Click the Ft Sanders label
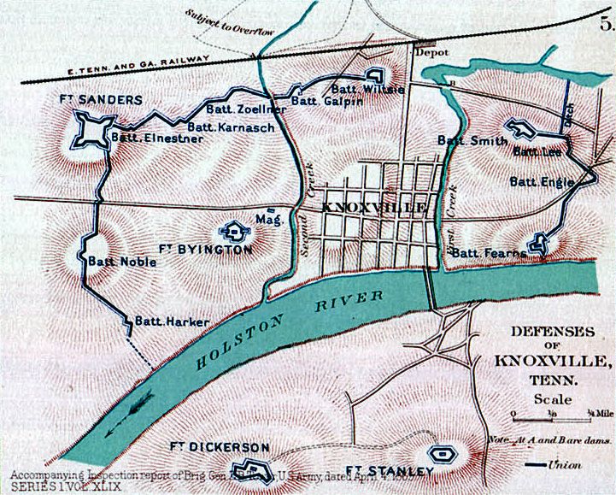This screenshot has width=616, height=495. (100, 100)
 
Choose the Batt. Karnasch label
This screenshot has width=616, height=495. (220, 128)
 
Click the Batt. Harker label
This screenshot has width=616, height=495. (163, 322)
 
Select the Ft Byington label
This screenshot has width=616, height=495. (206, 250)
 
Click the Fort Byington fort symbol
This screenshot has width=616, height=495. (232, 230)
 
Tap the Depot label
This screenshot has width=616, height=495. (431, 52)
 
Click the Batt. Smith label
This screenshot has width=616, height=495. (466, 140)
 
